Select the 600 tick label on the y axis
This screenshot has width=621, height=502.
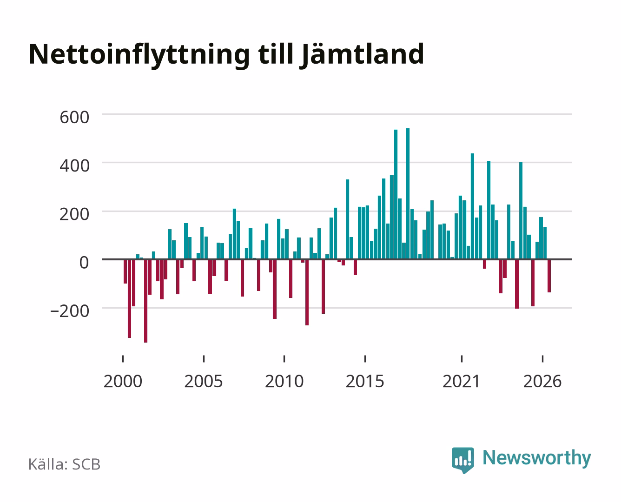74,117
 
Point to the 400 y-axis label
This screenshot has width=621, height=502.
74,166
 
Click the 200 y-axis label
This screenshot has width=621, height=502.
74,215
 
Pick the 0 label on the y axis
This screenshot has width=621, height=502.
84,263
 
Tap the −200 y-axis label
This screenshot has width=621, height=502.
70,311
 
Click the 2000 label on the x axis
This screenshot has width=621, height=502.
123,381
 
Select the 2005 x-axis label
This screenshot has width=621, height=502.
204,381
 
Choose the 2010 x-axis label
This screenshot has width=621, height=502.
284,381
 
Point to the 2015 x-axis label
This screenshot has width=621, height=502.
365,381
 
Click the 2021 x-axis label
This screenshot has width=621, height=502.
461,381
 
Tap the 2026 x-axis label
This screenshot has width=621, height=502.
542,381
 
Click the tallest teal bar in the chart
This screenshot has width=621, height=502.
408,193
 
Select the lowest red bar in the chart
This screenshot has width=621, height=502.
146,301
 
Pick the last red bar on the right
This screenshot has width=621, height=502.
549,276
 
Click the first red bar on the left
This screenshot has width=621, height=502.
126,271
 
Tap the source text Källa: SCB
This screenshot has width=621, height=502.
65,465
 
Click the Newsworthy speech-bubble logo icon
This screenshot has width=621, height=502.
462,460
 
